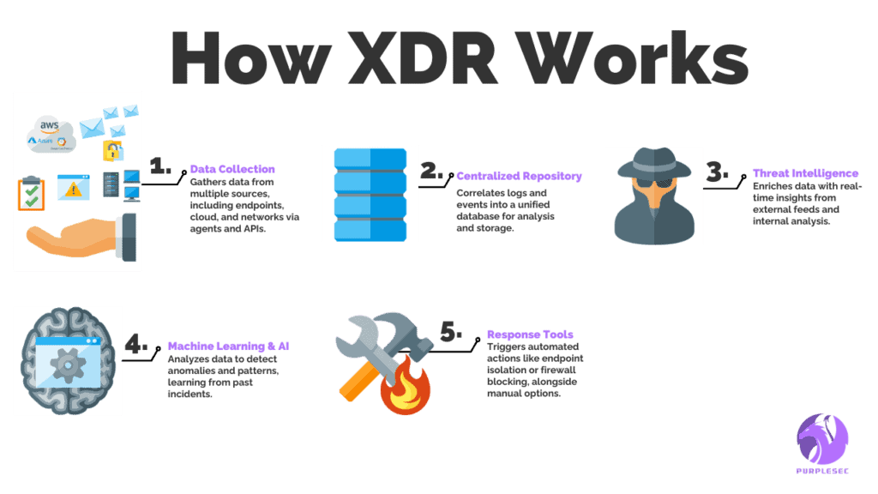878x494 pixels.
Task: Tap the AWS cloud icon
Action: tap(47, 133)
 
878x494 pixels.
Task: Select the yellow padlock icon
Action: tap(113, 151)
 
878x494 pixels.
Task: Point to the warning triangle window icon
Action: tap(74, 186)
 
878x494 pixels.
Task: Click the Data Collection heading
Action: tap(232, 169)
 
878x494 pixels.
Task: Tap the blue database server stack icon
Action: tap(370, 194)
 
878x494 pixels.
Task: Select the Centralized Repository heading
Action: tap(519, 176)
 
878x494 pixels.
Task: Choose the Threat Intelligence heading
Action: tap(805, 172)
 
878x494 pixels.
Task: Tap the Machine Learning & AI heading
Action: tap(228, 346)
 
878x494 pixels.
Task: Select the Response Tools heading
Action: tap(530, 334)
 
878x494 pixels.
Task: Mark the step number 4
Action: tap(135, 345)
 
